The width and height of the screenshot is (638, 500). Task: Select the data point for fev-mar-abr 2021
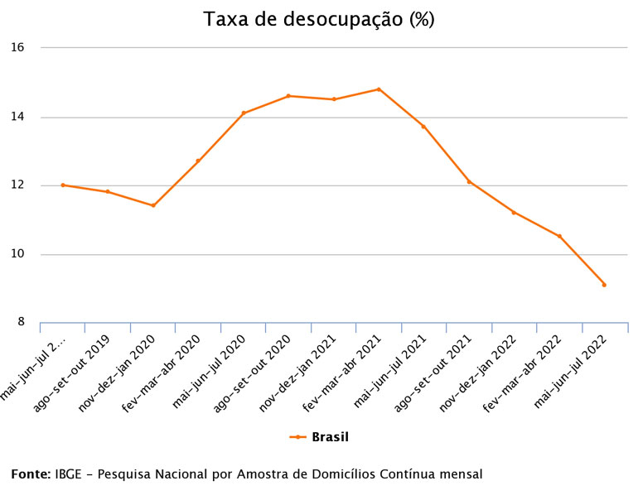pos(379,89)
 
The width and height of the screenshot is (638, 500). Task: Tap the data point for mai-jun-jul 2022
pos(604,285)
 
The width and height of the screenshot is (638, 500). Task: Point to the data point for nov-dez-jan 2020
pos(153,205)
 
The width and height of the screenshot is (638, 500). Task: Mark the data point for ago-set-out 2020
pos(288,96)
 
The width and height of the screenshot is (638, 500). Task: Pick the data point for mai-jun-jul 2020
pos(244,113)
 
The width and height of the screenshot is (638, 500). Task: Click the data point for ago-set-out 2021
pos(469,182)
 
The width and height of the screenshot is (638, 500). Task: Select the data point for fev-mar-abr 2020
pos(198,161)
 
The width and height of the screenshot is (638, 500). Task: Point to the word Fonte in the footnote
pos(31,474)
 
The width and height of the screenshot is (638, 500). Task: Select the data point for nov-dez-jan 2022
pos(514,213)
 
